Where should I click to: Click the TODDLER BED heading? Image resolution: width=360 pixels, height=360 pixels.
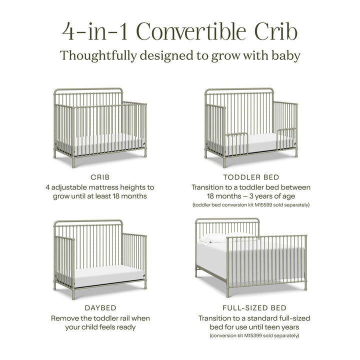tap(251, 177)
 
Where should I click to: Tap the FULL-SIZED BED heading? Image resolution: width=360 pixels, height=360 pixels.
tap(251, 308)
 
